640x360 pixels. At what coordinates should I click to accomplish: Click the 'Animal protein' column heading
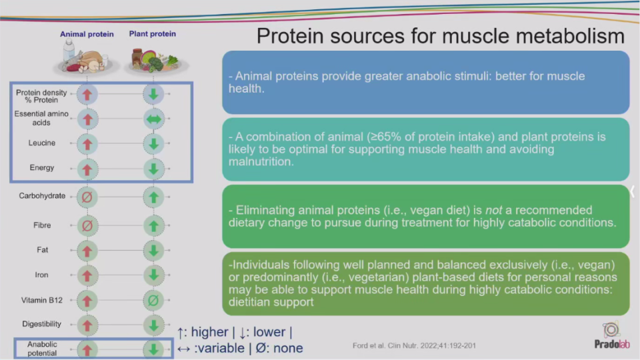click(87, 34)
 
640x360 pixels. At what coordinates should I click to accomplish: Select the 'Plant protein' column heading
click(153, 33)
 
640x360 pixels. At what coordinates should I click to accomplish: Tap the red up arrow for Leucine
click(87, 144)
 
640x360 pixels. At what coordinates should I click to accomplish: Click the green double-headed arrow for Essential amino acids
click(153, 119)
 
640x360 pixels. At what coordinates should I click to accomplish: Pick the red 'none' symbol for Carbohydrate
click(87, 197)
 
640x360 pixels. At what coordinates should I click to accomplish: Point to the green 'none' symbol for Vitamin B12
click(153, 301)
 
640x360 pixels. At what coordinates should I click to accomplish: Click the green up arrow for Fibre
click(153, 226)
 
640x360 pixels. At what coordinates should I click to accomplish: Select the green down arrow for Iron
click(153, 275)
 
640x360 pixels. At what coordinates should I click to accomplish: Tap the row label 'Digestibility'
click(41, 324)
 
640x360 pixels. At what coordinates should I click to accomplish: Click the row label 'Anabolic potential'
click(42, 349)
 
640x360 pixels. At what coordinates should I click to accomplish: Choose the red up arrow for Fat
click(87, 251)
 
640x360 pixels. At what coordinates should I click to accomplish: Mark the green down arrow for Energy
click(153, 169)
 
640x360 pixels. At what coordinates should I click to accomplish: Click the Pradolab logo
click(611, 336)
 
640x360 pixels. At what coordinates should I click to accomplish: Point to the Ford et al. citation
click(414, 346)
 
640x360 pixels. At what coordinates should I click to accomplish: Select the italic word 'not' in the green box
click(493, 210)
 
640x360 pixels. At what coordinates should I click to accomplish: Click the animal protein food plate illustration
click(87, 58)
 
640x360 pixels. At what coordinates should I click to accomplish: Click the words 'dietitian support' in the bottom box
click(271, 302)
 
